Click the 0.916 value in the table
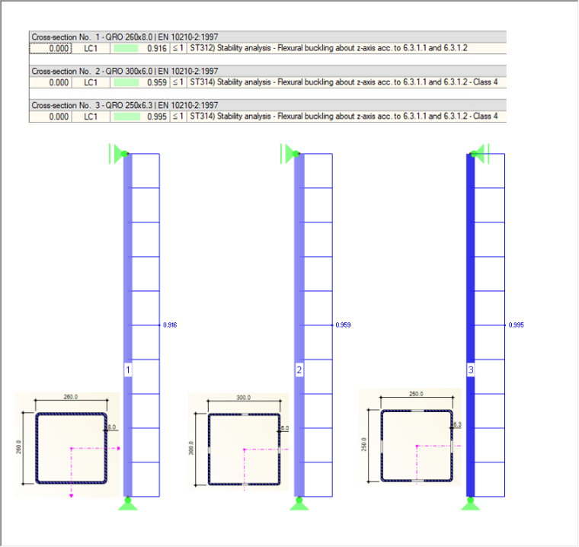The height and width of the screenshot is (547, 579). tap(157, 49)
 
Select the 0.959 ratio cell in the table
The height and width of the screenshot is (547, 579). tap(157, 82)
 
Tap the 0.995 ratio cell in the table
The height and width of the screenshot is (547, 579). tap(157, 117)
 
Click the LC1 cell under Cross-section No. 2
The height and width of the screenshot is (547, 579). tap(91, 82)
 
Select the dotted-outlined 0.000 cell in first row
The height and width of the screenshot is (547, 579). tap(50, 49)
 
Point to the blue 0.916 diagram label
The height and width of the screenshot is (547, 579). tap(170, 325)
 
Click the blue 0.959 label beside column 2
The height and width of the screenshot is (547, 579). tap(343, 325)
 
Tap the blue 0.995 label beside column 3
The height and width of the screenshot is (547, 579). tap(517, 325)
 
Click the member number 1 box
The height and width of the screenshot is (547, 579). tap(128, 369)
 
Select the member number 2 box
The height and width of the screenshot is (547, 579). tap(299, 369)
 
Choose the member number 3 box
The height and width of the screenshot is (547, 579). tap(471, 369)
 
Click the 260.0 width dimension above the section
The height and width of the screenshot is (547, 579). tap(71, 397)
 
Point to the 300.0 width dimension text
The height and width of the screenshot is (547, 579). tap(243, 398)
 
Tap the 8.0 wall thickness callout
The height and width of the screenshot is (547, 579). tap(111, 427)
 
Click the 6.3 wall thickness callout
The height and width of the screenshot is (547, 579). tap(457, 425)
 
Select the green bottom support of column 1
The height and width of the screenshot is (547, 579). tap(128, 504)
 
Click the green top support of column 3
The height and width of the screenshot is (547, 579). tap(480, 153)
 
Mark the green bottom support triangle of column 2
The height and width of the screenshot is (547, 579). tap(299, 505)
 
